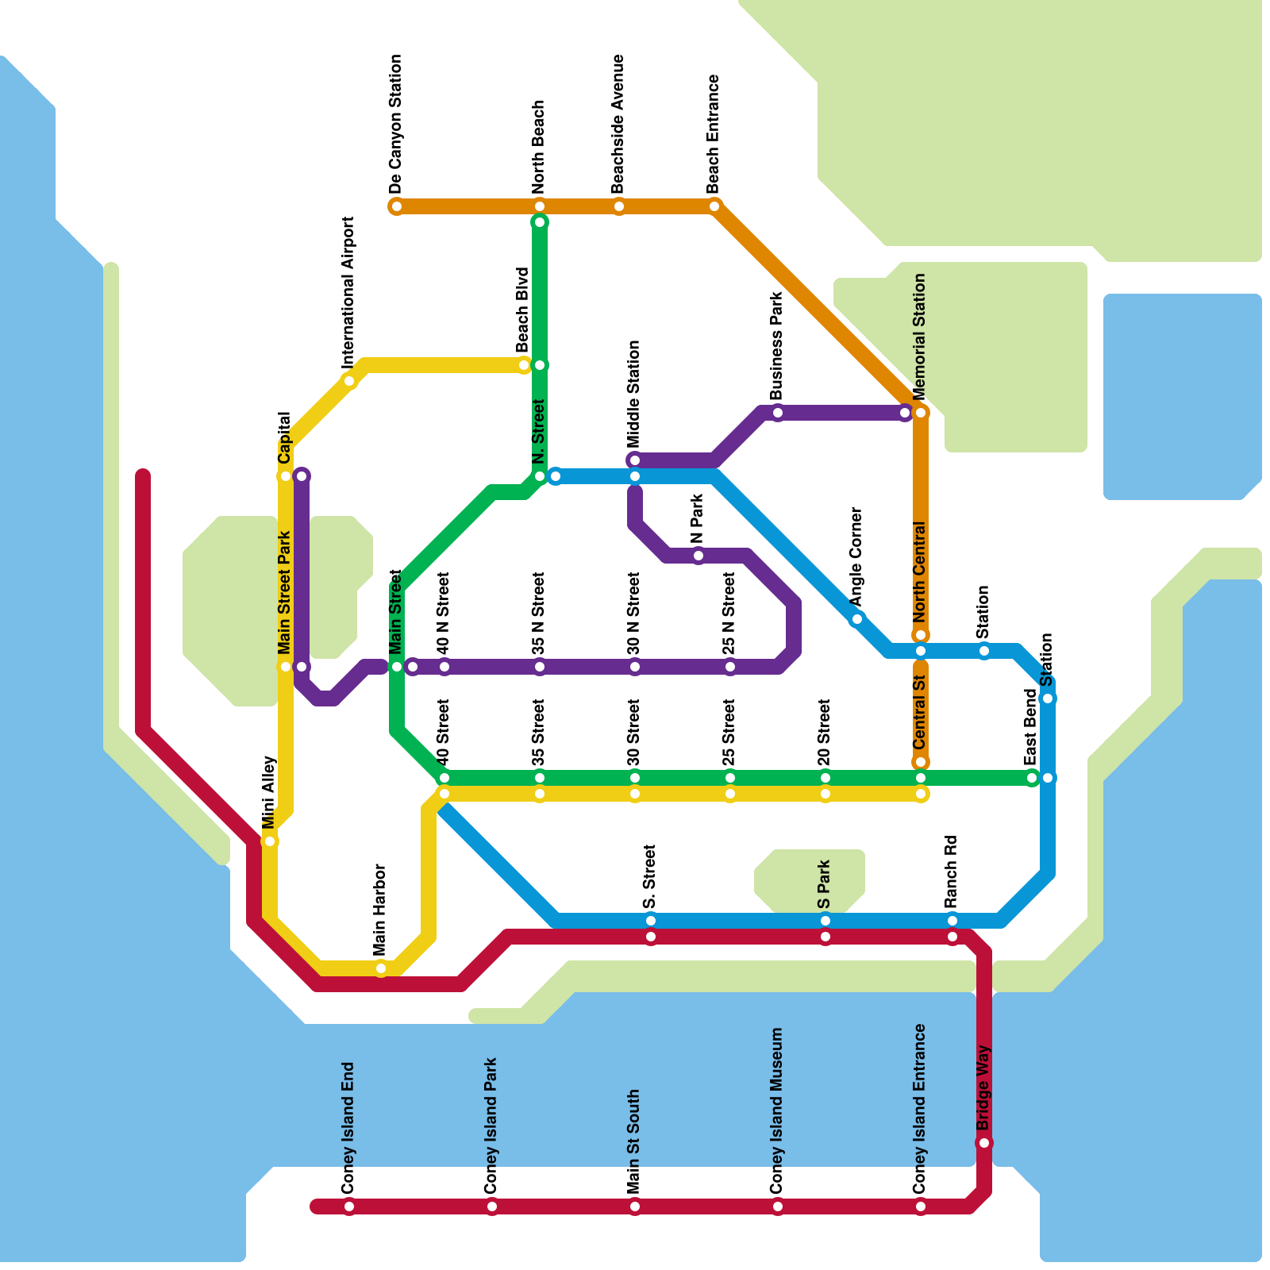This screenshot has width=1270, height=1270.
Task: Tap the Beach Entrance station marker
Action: [x=714, y=206]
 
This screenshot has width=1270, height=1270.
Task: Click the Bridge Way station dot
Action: [x=984, y=1143]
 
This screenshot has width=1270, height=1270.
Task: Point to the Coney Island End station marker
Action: [x=349, y=1207]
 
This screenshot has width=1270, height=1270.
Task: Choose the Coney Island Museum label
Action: [x=777, y=1110]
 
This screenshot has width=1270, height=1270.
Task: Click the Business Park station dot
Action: [x=778, y=413]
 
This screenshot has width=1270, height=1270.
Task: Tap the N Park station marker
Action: [x=698, y=556]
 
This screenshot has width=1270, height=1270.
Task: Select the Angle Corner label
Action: [x=856, y=556]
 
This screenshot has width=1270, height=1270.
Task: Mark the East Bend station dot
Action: [x=1032, y=778]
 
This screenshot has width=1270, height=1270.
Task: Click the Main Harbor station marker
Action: [x=381, y=968]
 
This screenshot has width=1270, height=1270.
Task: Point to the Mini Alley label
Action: [x=269, y=792]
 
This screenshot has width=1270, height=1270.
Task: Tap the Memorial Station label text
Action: [x=920, y=337]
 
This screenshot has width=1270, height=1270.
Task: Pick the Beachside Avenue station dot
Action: [x=619, y=207]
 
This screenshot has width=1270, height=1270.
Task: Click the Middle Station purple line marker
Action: [x=635, y=460]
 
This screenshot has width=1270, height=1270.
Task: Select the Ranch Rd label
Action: [x=952, y=872]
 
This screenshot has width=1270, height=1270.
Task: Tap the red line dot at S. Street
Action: [x=651, y=937]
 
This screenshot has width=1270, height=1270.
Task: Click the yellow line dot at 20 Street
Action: [x=825, y=794]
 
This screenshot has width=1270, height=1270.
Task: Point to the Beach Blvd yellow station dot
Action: [x=524, y=365]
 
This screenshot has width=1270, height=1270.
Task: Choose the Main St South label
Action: [x=634, y=1141]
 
